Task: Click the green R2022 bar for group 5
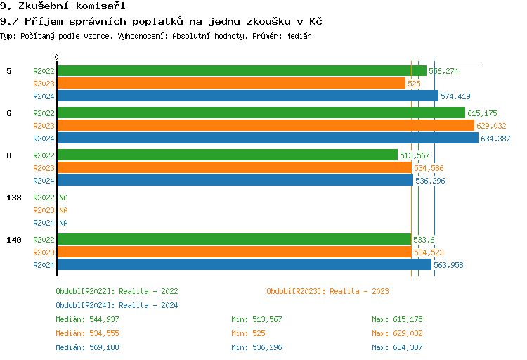coord(241,71)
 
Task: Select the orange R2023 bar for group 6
coord(265,126)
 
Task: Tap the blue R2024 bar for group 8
coord(234,181)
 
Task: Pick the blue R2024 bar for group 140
coord(243,265)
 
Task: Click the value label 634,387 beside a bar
coord(495,139)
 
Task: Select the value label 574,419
coord(455,96)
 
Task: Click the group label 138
coord(13,198)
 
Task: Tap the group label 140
coord(13,240)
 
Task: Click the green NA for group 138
coord(63,198)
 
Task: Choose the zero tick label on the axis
coord(57,57)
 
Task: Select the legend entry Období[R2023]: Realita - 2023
coord(327,291)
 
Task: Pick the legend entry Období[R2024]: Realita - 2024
coord(117,305)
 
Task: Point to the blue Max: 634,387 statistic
coord(397,347)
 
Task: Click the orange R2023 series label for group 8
coord(44,168)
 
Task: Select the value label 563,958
coord(448,265)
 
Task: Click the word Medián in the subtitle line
coord(299,36)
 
